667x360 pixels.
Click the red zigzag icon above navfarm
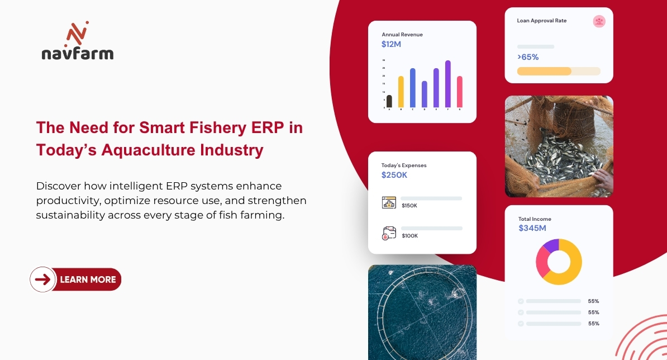[x=77, y=35]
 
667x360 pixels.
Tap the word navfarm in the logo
[x=78, y=54]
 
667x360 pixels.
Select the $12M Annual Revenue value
[x=391, y=44]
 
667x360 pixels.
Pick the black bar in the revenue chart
[x=389, y=101]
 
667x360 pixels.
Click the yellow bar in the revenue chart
[x=401, y=92]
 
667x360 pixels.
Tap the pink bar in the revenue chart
[x=460, y=92]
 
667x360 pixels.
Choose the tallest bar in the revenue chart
[x=448, y=84]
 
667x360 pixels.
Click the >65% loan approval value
[x=528, y=57]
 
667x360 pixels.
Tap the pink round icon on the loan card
[x=599, y=21]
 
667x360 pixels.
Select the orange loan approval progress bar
[x=544, y=71]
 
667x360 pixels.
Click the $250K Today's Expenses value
[x=394, y=175]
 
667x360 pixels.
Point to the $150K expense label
[x=409, y=206]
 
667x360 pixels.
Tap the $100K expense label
[x=409, y=236]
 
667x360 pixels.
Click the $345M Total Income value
[x=532, y=228]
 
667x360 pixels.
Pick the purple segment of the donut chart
[x=551, y=245]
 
